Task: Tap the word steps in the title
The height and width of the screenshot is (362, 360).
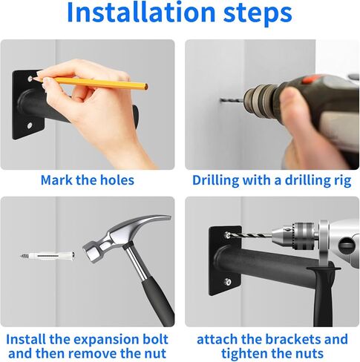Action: click(258, 14)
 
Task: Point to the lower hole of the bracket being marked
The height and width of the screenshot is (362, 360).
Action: click(30, 125)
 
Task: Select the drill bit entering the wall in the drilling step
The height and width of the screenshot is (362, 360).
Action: click(232, 100)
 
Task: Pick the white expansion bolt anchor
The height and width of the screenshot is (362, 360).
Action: click(48, 256)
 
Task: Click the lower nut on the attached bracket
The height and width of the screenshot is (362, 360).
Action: click(228, 281)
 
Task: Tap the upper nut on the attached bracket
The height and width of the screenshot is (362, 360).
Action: click(228, 235)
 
